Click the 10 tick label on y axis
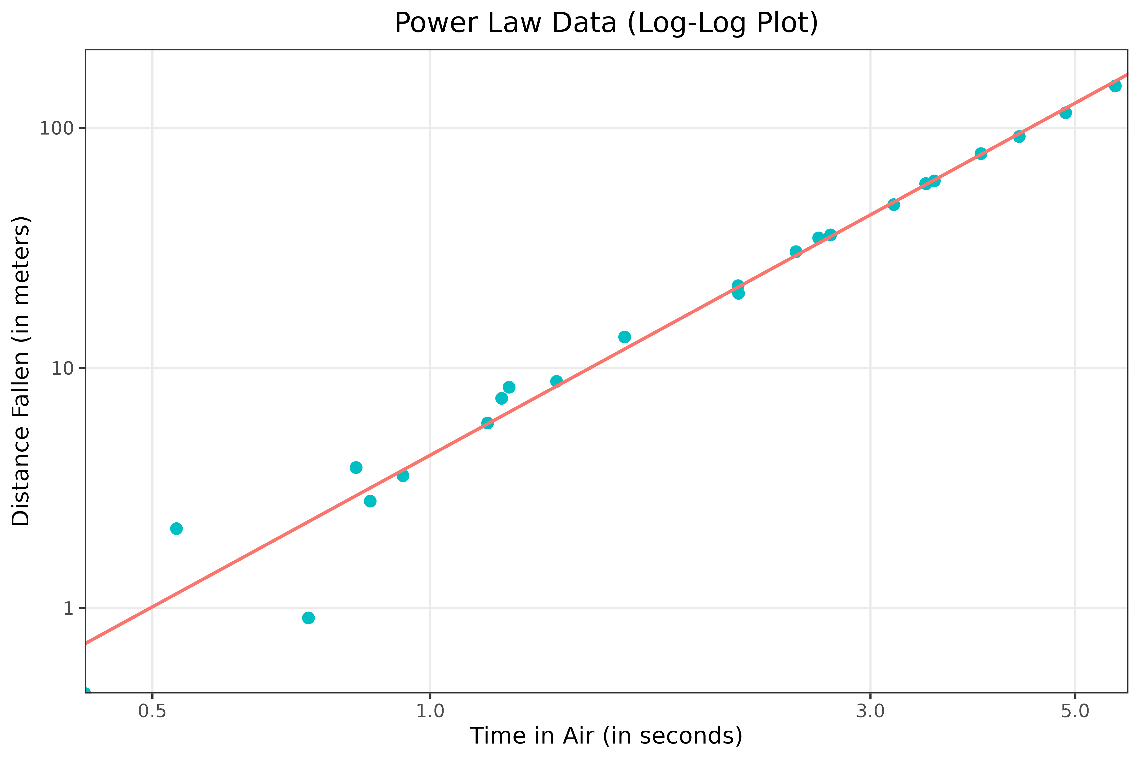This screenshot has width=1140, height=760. click(x=62, y=368)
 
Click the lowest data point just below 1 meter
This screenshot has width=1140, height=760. click(x=308, y=618)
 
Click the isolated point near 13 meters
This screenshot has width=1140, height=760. click(x=625, y=337)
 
